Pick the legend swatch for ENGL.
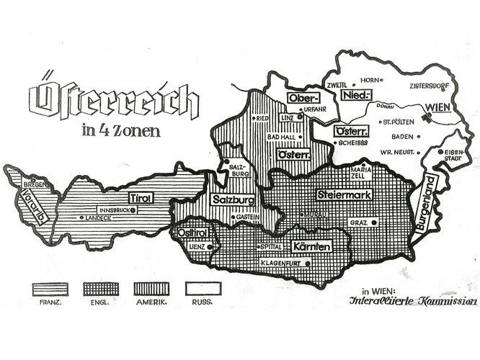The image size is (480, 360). [101, 289]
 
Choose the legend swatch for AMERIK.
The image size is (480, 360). [152, 289]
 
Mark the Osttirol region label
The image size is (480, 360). [190, 233]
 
